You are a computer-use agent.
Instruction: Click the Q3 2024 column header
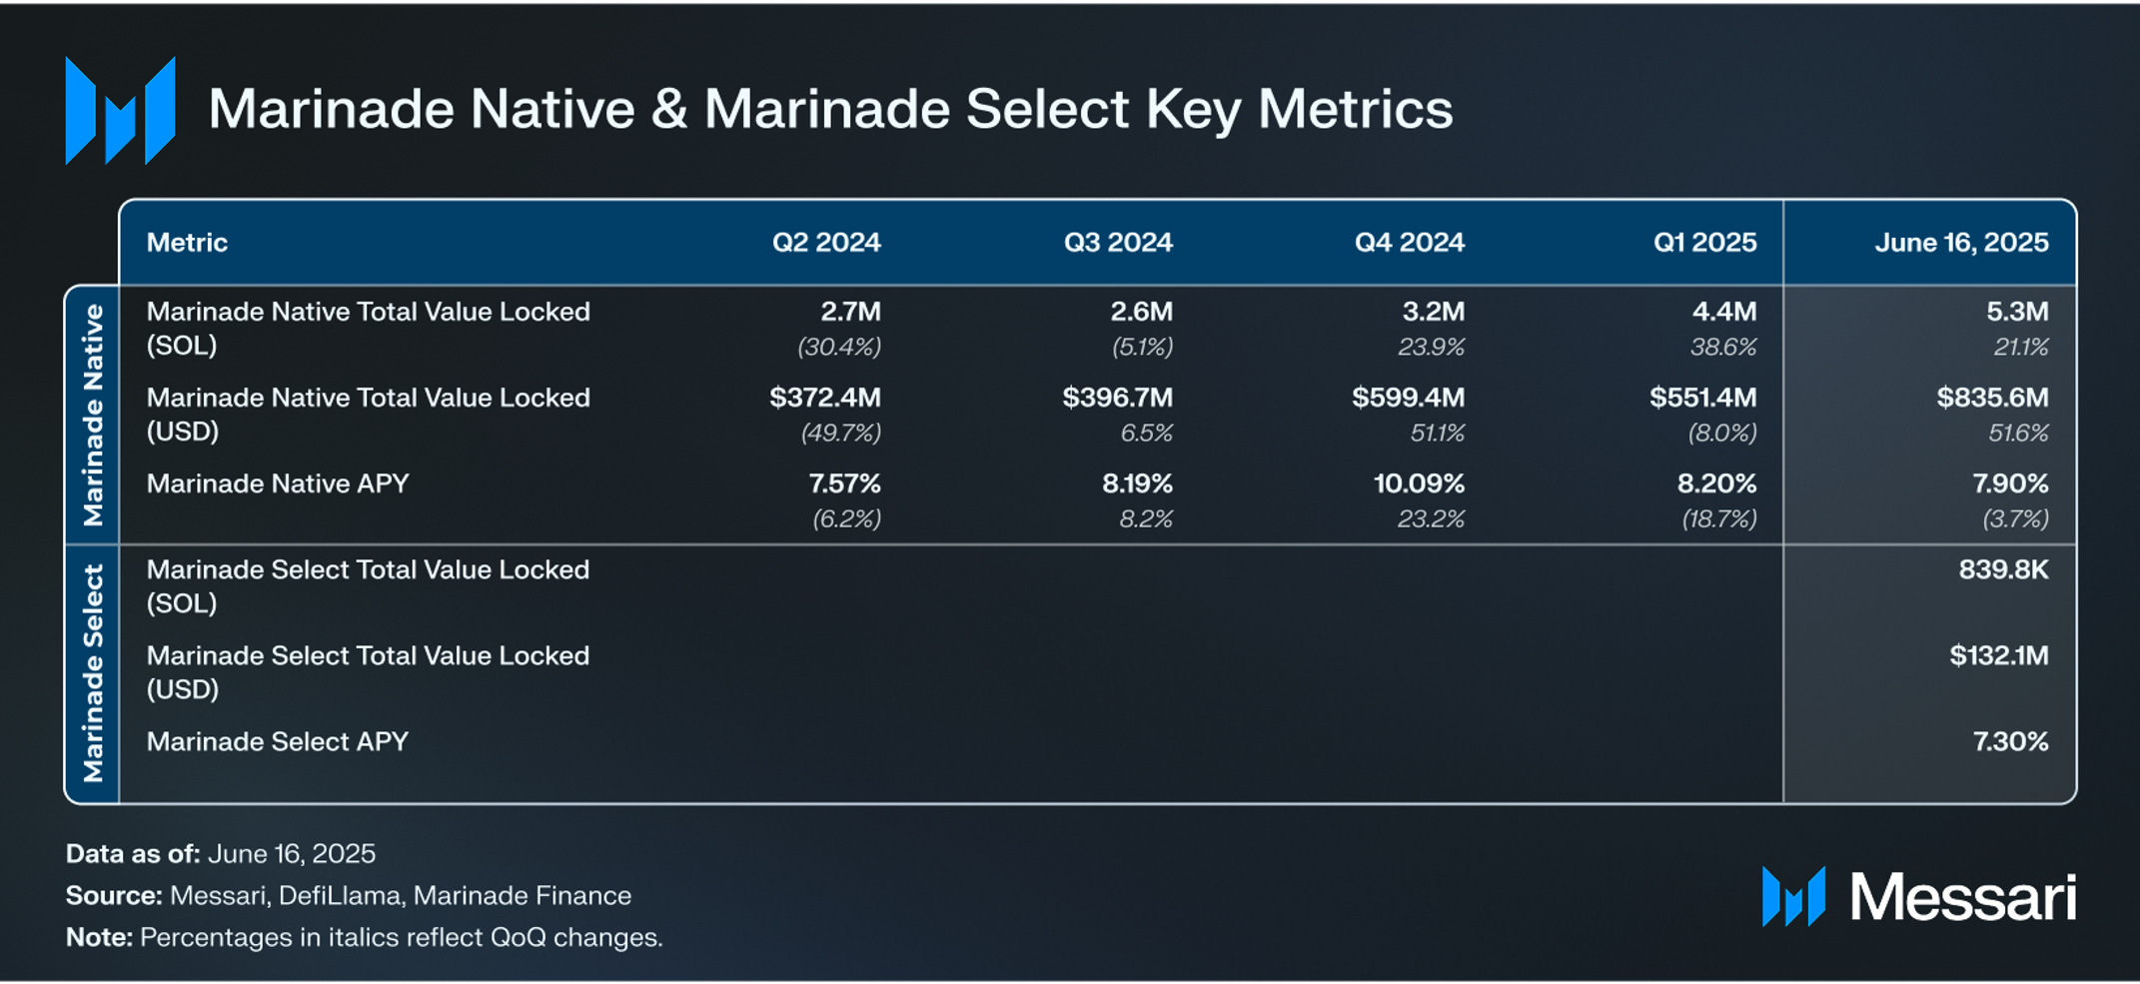point(1117,243)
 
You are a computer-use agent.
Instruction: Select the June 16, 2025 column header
point(1960,243)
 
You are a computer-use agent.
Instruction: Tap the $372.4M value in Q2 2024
point(824,398)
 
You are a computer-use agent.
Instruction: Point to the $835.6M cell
point(1991,398)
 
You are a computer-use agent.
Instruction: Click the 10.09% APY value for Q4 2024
point(1418,484)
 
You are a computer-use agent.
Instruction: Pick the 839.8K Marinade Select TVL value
point(2002,569)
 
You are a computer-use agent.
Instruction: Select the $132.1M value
point(1998,655)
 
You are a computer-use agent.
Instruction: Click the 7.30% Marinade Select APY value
point(2009,741)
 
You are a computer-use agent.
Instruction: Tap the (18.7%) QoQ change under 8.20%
point(1718,518)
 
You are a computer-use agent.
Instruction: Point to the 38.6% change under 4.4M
point(1722,347)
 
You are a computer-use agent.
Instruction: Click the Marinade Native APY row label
point(278,484)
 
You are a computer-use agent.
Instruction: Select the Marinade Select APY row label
point(278,741)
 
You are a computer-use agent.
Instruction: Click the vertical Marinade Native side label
point(93,415)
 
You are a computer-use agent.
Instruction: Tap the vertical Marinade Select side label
point(93,673)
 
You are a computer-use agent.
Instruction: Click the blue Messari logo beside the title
point(120,110)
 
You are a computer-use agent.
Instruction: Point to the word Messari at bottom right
point(1962,897)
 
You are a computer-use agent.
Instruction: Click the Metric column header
point(187,243)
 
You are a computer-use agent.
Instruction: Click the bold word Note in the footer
point(97,937)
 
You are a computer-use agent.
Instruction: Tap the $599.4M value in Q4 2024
point(1408,398)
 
